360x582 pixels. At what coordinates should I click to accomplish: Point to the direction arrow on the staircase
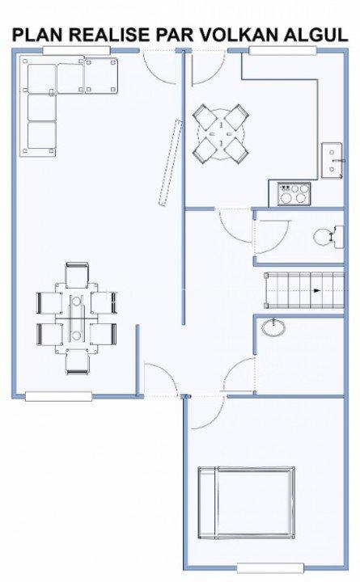(316, 289)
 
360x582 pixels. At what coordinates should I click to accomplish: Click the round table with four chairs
(221, 133)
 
